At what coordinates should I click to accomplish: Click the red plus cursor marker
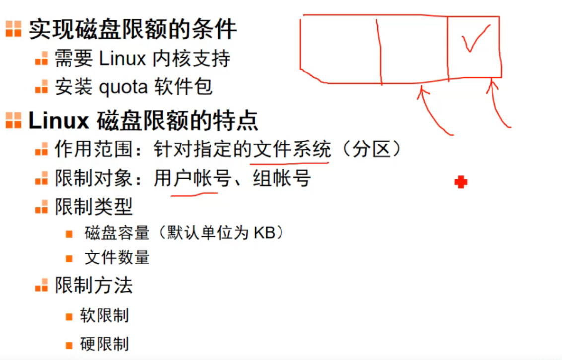pyautogui.click(x=461, y=183)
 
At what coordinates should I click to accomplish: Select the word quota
pyautogui.click(x=124, y=87)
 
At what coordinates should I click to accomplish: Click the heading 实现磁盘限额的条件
pyautogui.click(x=133, y=30)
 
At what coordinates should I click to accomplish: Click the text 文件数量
pyautogui.click(x=117, y=257)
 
